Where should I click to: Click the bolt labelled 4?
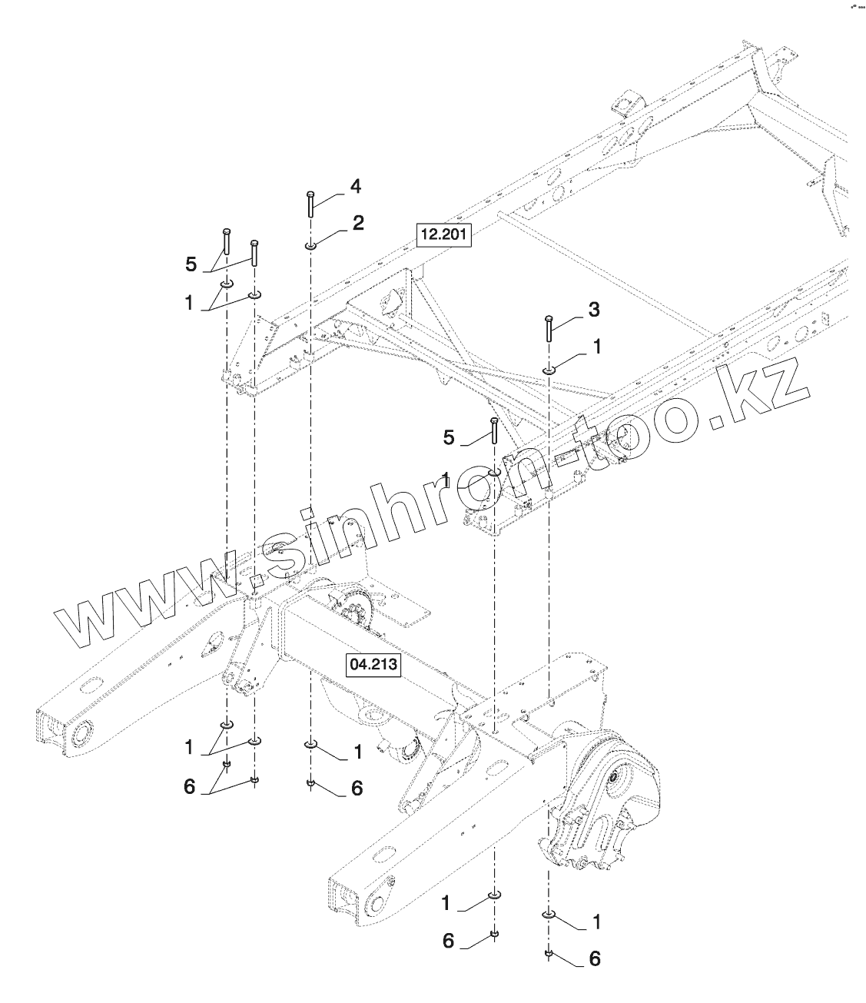[309, 204]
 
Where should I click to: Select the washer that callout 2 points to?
[309, 247]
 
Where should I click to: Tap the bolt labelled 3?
[548, 328]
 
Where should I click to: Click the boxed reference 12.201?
[443, 234]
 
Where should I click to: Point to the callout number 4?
[356, 186]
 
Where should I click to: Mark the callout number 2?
[358, 223]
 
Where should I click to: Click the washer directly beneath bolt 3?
[549, 371]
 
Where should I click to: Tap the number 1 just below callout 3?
[597, 347]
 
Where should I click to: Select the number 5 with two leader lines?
[191, 265]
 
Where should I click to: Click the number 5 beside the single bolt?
[449, 438]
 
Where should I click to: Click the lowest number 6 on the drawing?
[594, 958]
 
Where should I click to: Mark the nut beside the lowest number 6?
[549, 955]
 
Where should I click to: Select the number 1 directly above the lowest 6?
[596, 921]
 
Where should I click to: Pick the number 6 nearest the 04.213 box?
[357, 789]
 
